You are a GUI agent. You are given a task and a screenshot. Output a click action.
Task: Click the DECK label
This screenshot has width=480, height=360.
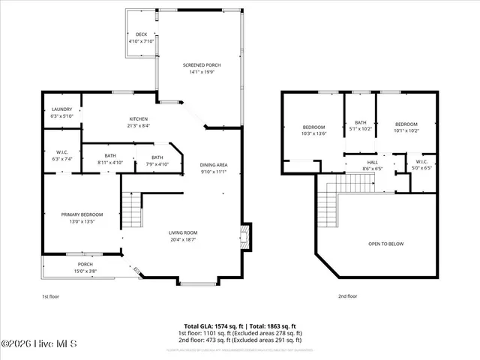pos(141,34)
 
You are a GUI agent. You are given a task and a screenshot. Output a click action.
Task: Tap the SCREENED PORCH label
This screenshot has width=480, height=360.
pos(202,66)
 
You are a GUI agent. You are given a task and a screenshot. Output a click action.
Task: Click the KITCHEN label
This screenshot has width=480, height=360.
pos(138,119)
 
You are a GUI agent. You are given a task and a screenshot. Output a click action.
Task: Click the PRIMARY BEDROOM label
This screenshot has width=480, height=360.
pos(82,214)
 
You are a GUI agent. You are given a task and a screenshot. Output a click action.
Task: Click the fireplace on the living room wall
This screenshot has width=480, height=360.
pos(244,238)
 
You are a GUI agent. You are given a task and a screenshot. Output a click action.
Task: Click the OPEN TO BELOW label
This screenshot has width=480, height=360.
pos(387,244)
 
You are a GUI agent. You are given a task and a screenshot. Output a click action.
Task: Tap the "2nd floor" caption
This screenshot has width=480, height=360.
pos(348,296)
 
